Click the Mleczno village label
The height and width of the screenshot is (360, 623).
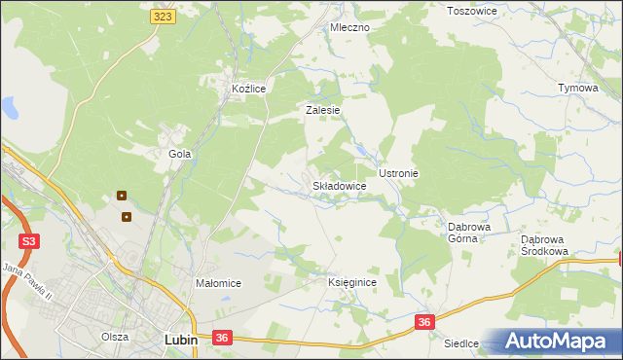pyautogui.click(x=349, y=27)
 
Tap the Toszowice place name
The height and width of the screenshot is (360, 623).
pyautogui.click(x=471, y=11)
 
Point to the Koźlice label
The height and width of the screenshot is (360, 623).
pyautogui.click(x=248, y=89)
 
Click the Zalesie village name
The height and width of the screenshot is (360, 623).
pyautogui.click(x=322, y=110)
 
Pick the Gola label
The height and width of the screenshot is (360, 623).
pyautogui.click(x=179, y=154)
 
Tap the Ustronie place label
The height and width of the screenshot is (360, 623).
pyautogui.click(x=398, y=173)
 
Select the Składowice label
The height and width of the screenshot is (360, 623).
pyautogui.click(x=339, y=185)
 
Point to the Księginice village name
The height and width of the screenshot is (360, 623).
pyautogui.click(x=351, y=282)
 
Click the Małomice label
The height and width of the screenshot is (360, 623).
pyautogui.click(x=218, y=283)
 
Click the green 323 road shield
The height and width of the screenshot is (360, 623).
pyautogui.click(x=164, y=18)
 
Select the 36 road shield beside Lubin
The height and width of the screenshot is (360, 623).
pyautogui.click(x=222, y=338)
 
